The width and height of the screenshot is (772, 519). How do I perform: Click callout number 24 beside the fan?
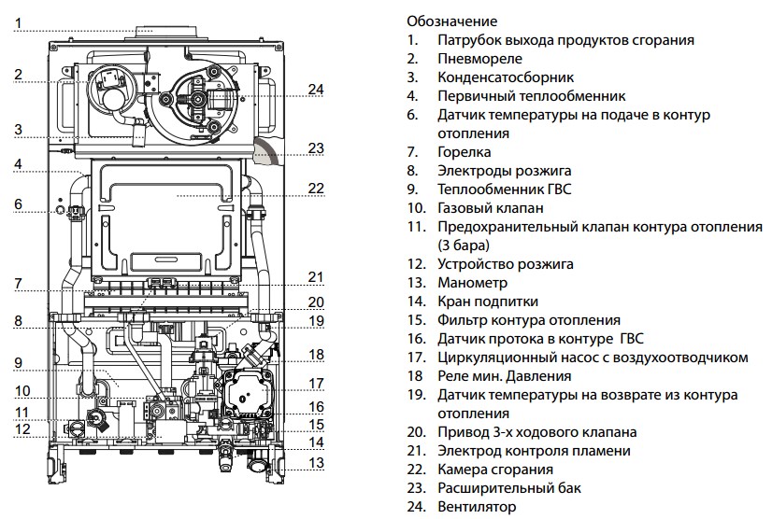pyautogui.click(x=315, y=90)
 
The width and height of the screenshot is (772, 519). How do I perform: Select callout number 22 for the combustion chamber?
pyautogui.click(x=315, y=188)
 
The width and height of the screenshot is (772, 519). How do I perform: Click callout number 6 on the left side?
pyautogui.click(x=18, y=203)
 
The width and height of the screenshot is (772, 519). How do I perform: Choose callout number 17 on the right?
pyautogui.click(x=315, y=383)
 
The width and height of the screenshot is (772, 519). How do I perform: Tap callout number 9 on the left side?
pyautogui.click(x=18, y=362)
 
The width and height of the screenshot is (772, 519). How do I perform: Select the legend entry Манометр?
pyautogui.click(x=472, y=282)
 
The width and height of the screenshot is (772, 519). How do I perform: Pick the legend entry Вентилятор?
pyautogui.click(x=476, y=507)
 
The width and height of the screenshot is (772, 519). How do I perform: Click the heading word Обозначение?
pyautogui.click(x=452, y=21)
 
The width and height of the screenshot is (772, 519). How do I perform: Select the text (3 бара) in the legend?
pyautogui.click(x=463, y=245)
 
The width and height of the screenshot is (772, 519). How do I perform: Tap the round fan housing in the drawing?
pyautogui.click(x=199, y=98)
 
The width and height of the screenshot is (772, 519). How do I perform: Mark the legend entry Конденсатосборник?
pyautogui.click(x=505, y=77)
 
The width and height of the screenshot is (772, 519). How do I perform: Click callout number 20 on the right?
pyautogui.click(x=315, y=301)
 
